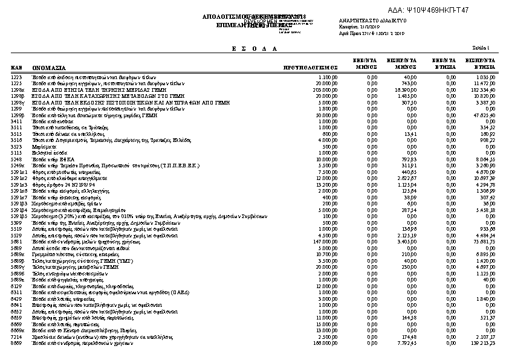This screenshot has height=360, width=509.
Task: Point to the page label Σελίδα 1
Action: point(481,48)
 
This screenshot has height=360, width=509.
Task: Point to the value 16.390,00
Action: point(406,89)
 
